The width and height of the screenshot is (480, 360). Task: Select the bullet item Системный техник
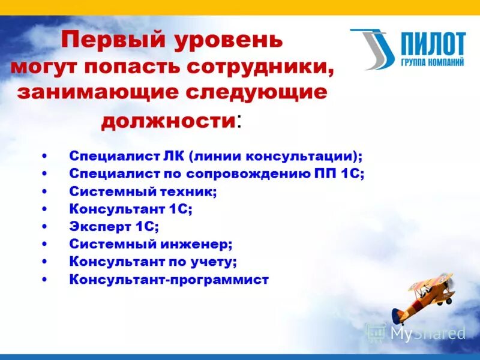point(143,191)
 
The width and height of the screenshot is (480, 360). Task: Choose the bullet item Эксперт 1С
point(114,226)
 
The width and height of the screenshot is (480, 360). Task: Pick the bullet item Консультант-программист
point(169,279)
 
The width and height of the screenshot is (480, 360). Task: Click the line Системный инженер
point(151,244)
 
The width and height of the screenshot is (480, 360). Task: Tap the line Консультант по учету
point(153,262)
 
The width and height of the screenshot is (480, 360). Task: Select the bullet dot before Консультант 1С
point(46,209)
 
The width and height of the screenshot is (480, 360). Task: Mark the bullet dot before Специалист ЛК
point(46,157)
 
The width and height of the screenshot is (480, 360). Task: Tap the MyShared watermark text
point(427,333)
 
